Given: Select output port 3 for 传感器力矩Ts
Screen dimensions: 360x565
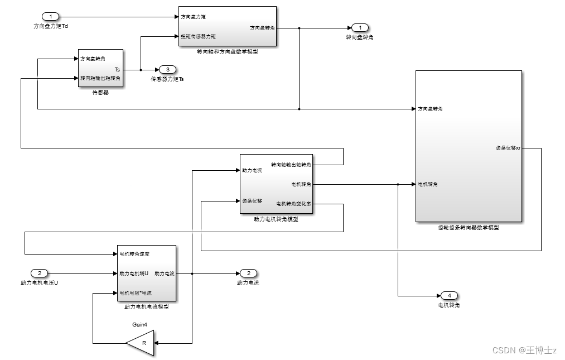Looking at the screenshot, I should [x=167, y=70].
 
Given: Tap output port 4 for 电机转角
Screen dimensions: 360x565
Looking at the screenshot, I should [x=448, y=295].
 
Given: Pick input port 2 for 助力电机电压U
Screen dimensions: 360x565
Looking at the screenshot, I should [x=39, y=273].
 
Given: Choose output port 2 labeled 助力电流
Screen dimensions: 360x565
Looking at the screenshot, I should [x=248, y=273].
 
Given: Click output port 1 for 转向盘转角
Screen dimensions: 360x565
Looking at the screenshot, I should [x=360, y=27].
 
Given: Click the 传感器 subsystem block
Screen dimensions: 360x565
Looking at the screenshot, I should [x=100, y=69].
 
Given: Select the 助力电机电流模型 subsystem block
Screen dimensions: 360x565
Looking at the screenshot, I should [x=146, y=273].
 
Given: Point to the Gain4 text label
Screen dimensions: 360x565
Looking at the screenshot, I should [x=139, y=323].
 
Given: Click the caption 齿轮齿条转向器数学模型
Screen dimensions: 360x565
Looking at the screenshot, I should [x=469, y=228].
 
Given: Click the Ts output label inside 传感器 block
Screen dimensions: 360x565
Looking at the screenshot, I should [x=117, y=69].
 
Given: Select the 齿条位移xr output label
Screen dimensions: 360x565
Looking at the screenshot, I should [x=508, y=148].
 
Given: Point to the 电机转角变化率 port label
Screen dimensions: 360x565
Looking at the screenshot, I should [x=293, y=204].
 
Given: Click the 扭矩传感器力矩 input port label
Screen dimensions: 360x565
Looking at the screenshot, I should [x=198, y=36].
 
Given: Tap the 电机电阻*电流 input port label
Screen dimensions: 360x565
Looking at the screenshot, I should [x=136, y=292].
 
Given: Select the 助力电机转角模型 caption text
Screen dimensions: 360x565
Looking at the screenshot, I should [x=276, y=219].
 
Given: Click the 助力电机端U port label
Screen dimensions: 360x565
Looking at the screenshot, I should [x=134, y=273].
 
